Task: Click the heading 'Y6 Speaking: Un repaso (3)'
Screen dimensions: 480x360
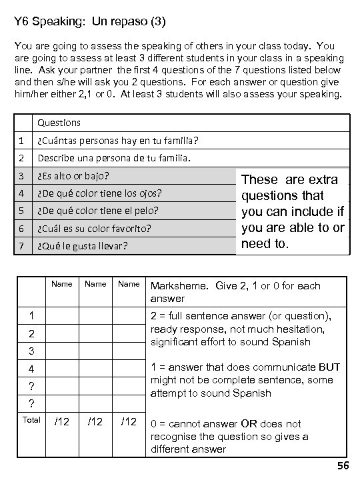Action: [x=90, y=22]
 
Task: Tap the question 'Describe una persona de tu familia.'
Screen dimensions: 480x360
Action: [x=114, y=159]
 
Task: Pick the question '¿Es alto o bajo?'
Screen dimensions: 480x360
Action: [x=74, y=177]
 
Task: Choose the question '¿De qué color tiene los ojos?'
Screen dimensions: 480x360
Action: [x=99, y=194]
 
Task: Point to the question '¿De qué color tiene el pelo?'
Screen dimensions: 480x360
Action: [x=98, y=211]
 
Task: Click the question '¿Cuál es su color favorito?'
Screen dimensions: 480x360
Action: [x=94, y=229]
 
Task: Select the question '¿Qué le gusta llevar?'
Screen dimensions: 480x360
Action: [x=83, y=246]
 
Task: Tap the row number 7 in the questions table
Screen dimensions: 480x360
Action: [x=21, y=246]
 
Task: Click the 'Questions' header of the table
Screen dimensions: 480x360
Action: [x=59, y=123]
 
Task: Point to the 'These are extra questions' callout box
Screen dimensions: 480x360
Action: [x=293, y=211]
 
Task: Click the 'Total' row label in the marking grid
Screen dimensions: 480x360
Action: [x=31, y=419]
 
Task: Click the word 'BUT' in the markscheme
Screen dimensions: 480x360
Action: [x=330, y=367]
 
